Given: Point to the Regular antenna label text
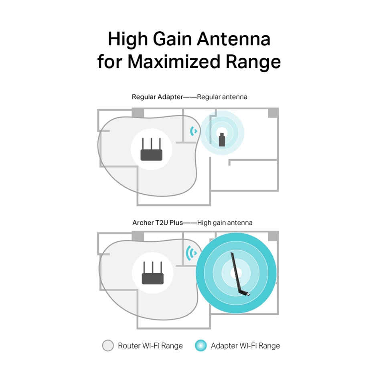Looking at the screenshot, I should tap(222, 97).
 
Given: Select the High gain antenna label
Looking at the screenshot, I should tap(225, 222).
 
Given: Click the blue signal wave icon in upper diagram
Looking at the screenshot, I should tap(194, 131).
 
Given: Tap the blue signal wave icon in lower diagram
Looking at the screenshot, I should tap(192, 253).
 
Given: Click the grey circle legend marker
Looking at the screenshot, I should tap(108, 346).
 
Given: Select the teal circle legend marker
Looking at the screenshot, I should tap(201, 346).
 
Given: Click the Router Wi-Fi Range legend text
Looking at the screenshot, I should tap(150, 346).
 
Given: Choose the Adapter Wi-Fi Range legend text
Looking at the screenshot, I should tap(245, 346).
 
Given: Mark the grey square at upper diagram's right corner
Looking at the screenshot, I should tap(274, 113).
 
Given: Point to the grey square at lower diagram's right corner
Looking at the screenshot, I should tap(274, 236).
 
